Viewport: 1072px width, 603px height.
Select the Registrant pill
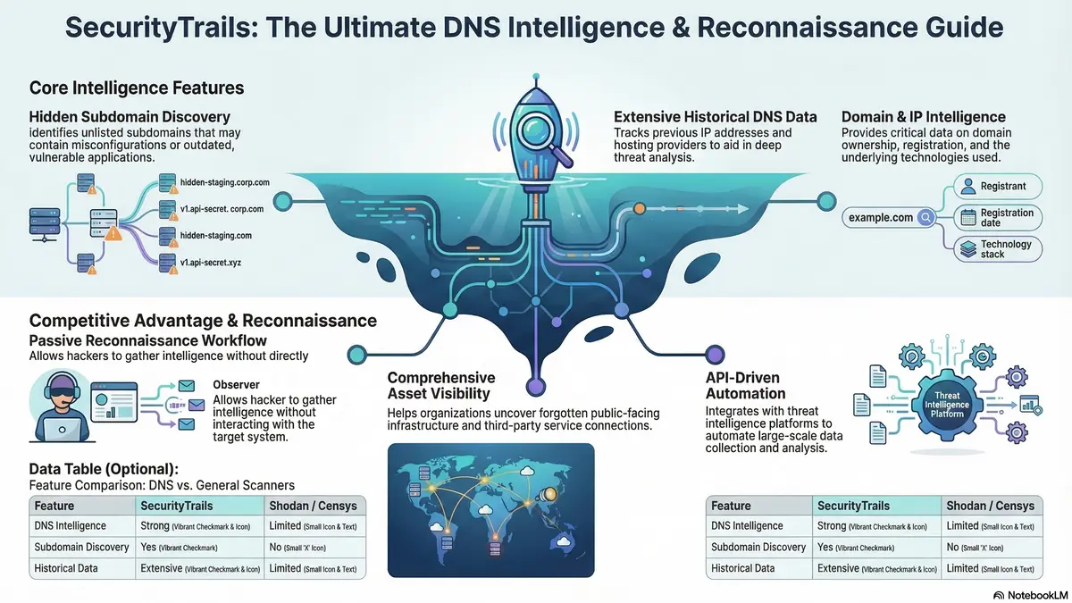click(x=998, y=186)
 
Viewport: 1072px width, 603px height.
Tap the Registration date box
click(x=998, y=217)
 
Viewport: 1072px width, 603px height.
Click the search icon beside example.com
click(x=926, y=218)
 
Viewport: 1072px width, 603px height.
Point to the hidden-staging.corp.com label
click(x=225, y=182)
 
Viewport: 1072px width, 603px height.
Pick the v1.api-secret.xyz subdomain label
click(x=211, y=263)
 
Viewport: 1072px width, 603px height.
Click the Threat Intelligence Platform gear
click(x=947, y=405)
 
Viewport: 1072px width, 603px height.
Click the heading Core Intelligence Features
click(x=137, y=88)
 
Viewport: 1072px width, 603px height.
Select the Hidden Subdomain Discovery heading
click(x=130, y=117)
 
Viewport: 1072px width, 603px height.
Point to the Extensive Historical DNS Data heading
click(x=716, y=117)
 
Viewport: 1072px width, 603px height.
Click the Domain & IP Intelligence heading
click(x=924, y=117)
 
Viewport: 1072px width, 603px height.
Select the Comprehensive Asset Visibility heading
click(x=441, y=385)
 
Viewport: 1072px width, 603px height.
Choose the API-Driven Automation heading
click(x=746, y=385)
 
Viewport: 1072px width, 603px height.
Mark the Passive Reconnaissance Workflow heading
click(x=148, y=340)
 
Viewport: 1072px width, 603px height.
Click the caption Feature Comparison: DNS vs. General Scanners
click(x=162, y=485)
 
